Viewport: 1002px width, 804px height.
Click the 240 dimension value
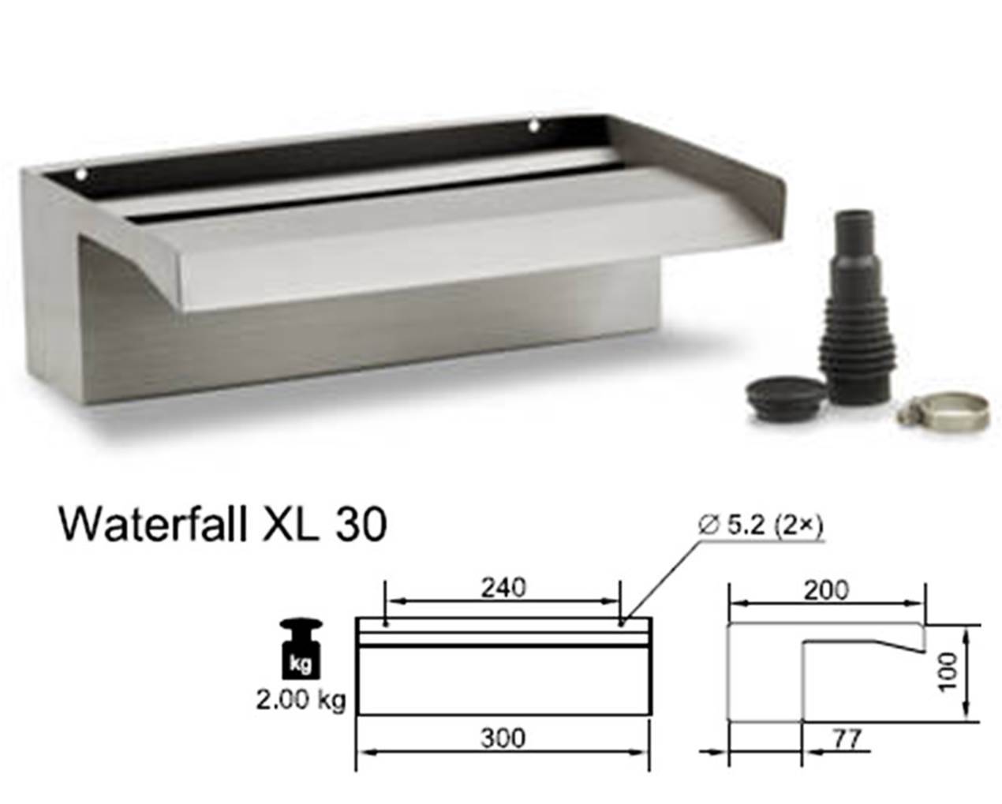(503, 588)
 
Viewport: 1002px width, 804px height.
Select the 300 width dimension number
(503, 739)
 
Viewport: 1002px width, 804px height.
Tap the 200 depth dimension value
(827, 591)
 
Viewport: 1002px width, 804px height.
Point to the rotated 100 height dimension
(949, 673)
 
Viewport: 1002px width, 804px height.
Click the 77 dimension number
(846, 739)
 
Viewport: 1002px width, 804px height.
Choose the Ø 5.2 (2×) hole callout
(761, 526)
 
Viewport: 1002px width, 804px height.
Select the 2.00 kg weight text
(301, 700)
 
